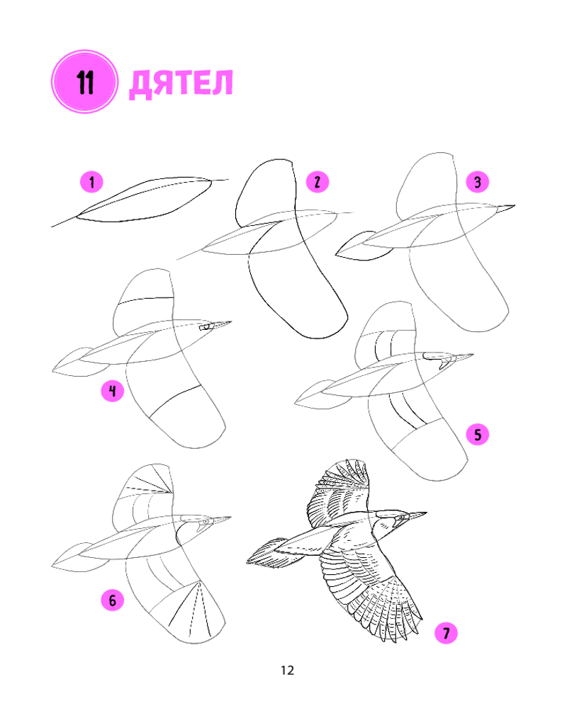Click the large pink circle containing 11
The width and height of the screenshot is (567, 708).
click(x=84, y=81)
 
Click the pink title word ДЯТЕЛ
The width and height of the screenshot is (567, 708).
click(x=181, y=84)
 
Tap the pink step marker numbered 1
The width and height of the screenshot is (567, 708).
click(x=92, y=182)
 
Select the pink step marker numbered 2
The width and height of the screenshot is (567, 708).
click(x=318, y=182)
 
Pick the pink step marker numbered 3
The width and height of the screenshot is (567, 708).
click(x=478, y=182)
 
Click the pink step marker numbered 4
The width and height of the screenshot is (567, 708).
click(x=113, y=391)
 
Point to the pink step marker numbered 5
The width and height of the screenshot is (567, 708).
click(x=478, y=435)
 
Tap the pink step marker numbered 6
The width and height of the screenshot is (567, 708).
click(x=113, y=600)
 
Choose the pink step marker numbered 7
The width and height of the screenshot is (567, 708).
click(x=446, y=632)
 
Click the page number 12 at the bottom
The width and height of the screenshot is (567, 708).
click(x=288, y=670)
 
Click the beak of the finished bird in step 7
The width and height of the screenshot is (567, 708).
click(x=417, y=515)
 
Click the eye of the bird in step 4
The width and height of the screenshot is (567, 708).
click(x=207, y=326)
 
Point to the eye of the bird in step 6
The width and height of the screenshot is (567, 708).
click(x=206, y=522)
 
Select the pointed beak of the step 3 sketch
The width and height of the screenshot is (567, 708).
click(x=505, y=207)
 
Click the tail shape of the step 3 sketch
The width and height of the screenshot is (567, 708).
click(x=361, y=247)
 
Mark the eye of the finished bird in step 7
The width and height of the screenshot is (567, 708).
click(x=402, y=516)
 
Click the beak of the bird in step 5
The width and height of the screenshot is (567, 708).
click(x=461, y=358)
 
